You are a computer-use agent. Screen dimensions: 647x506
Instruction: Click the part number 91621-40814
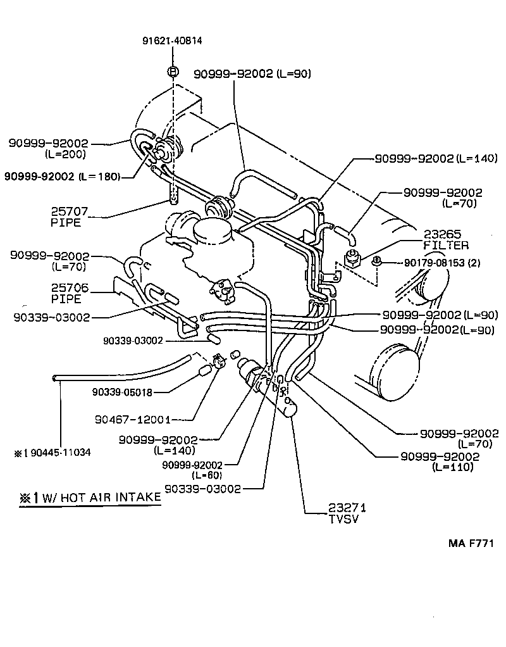click(x=171, y=42)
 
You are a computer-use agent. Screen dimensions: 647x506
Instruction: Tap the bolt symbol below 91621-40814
click(x=171, y=72)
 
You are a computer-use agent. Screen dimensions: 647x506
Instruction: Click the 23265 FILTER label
click(x=446, y=239)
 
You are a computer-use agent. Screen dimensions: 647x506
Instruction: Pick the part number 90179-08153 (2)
click(x=433, y=262)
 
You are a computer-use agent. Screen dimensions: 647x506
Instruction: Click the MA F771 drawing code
click(x=471, y=543)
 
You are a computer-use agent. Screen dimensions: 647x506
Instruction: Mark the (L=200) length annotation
click(x=66, y=154)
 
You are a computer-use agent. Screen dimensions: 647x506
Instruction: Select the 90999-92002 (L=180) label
click(x=63, y=176)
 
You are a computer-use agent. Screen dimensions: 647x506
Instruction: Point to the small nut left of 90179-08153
click(x=376, y=260)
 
